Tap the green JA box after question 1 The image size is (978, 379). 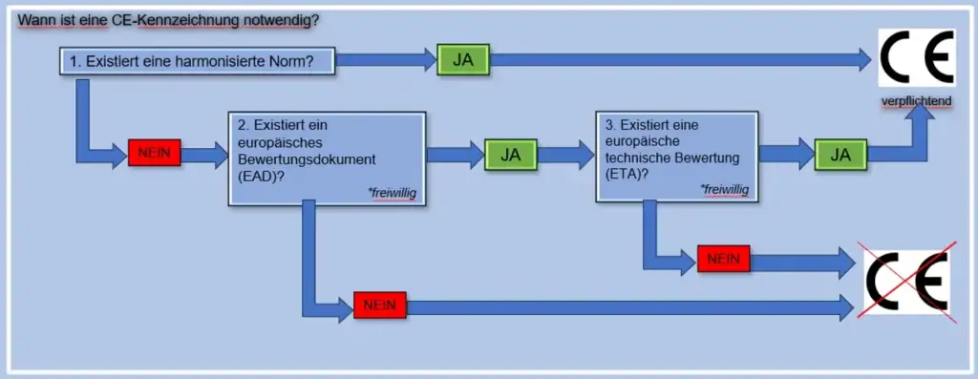(462, 60)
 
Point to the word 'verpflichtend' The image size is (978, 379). (915, 101)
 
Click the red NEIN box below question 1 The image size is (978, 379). (154, 153)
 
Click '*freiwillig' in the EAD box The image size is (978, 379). (392, 193)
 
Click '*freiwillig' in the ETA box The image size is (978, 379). (725, 189)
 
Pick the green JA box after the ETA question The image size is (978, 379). (840, 154)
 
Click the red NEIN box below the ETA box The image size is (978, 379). (723, 258)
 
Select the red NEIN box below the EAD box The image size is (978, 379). (380, 305)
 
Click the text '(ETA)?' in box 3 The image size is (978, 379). (627, 174)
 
